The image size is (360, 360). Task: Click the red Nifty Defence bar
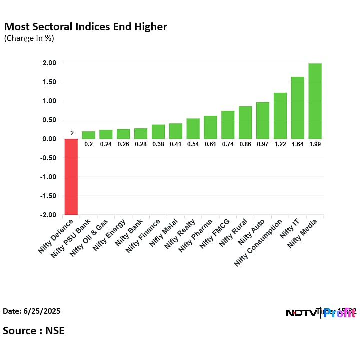(x=71, y=177)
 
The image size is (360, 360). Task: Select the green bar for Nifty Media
(x=315, y=101)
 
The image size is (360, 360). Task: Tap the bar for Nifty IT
(x=297, y=108)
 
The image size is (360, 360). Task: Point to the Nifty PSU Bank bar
(x=88, y=135)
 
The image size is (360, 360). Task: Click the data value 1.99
(x=315, y=144)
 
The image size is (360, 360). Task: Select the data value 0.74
(x=228, y=144)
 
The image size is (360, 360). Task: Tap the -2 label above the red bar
(x=71, y=133)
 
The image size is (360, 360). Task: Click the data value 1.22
(x=280, y=144)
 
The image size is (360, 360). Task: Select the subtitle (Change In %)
(x=29, y=38)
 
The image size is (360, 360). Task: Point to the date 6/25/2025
(x=32, y=311)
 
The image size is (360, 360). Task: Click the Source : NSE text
(x=33, y=330)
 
